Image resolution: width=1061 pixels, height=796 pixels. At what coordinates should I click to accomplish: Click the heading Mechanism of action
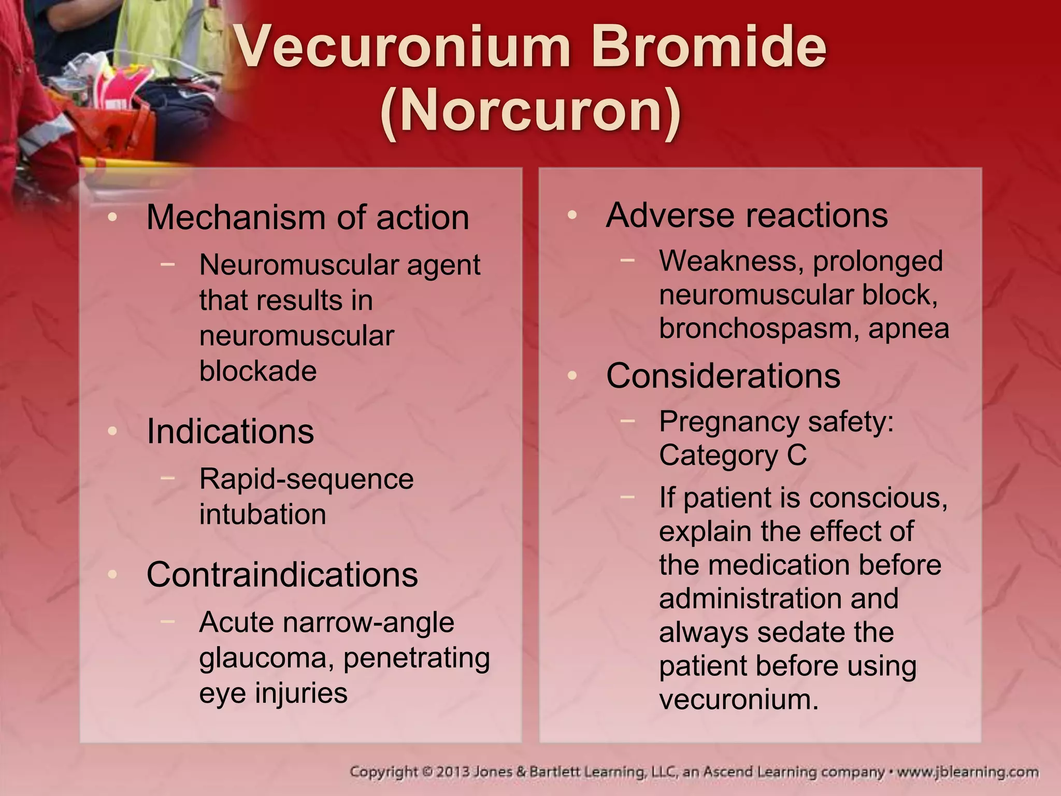pos(308,217)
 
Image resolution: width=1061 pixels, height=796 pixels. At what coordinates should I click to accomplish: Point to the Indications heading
pos(230,431)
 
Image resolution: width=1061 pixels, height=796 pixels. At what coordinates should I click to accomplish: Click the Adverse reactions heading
pos(747,215)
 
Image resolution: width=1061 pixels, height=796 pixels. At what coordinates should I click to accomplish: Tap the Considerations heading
pos(723,376)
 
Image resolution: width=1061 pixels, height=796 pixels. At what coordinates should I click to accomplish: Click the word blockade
pos(258,371)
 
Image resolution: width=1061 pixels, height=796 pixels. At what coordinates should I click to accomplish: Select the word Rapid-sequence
pos(306,479)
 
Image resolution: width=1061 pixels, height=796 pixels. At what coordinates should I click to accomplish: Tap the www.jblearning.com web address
pos(967,772)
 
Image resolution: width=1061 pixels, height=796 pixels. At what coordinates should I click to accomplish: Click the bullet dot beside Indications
pos(112,431)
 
